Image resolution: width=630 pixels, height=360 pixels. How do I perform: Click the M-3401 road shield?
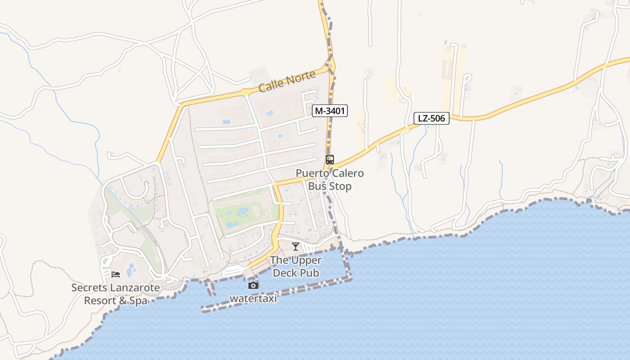coord(330,111)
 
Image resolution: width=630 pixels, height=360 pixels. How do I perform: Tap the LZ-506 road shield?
coord(432,119)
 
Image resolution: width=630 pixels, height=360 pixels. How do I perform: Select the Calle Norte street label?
coord(287,81)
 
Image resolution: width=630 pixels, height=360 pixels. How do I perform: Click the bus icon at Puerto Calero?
coord(330,160)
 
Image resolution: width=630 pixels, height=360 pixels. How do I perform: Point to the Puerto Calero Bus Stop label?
coord(330,180)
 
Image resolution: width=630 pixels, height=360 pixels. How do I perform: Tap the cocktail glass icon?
coord(295,246)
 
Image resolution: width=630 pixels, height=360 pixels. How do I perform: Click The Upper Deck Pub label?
coord(296,266)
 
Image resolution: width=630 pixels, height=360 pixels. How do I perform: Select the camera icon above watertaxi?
coord(253,285)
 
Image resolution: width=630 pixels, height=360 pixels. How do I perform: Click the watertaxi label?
coord(253,298)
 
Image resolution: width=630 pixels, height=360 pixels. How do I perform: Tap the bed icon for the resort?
coord(116,274)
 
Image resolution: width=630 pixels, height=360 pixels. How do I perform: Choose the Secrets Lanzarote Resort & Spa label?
coord(116,294)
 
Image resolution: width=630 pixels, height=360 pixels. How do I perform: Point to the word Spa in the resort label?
coord(139,301)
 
